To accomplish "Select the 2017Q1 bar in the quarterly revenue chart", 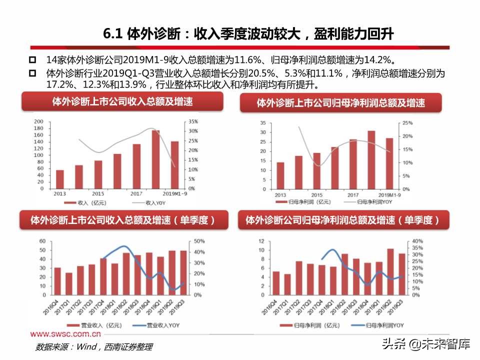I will tap(69, 283).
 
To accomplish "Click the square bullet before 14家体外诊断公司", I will tap(32, 60).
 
